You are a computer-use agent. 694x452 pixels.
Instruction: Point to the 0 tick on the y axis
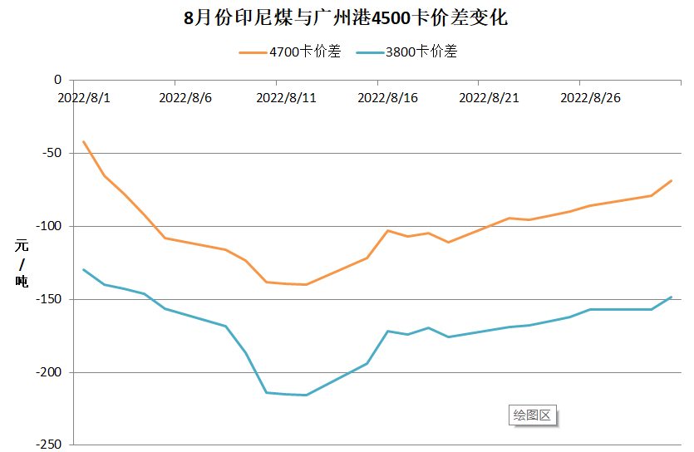point(57,80)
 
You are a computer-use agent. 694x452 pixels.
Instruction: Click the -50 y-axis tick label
point(52,153)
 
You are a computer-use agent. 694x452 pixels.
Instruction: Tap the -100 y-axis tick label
point(49,226)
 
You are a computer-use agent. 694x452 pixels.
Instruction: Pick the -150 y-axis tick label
point(49,299)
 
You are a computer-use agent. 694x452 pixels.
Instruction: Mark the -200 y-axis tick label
point(49,372)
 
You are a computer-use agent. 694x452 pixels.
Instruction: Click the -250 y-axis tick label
point(49,445)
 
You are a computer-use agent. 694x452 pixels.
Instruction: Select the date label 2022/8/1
point(83,97)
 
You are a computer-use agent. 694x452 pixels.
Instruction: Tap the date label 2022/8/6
point(185,97)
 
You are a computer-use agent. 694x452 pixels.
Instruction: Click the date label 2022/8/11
point(286,97)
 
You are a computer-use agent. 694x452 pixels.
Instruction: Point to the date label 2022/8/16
point(387,97)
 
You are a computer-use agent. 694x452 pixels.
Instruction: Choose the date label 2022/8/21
point(489,97)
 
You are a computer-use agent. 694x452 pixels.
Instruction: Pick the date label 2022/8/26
point(590,97)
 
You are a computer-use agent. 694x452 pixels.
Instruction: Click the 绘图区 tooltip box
point(532,415)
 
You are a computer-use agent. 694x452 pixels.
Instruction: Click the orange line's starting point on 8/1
point(84,141)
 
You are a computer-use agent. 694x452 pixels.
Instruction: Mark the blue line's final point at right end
point(671,297)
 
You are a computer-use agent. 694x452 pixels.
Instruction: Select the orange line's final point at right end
point(671,180)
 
